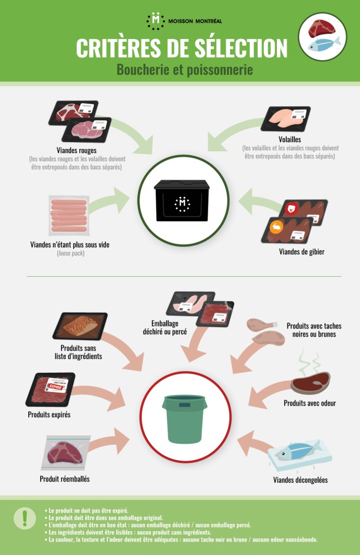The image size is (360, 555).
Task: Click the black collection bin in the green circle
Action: coord(182,200)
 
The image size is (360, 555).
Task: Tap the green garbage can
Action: coord(184,419)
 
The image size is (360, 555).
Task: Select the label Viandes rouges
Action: coord(77,150)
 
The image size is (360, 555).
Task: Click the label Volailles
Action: coord(290,139)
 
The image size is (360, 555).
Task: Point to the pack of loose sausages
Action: coord(69,215)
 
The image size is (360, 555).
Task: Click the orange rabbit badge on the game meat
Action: coord(276,227)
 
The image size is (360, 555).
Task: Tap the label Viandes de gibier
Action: coord(301,252)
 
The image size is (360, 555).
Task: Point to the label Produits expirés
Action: coord(49,414)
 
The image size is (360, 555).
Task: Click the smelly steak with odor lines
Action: coord(311,382)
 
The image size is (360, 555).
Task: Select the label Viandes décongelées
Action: coord(300,480)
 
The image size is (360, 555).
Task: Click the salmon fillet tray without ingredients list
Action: coord(80,326)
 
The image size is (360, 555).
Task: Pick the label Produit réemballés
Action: coord(65,479)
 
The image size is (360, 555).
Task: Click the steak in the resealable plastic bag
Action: coord(66,453)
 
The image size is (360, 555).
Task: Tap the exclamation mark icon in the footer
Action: coord(24,518)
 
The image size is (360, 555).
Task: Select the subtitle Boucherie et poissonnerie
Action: coord(185,69)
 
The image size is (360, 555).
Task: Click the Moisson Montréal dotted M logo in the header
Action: coord(155,21)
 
